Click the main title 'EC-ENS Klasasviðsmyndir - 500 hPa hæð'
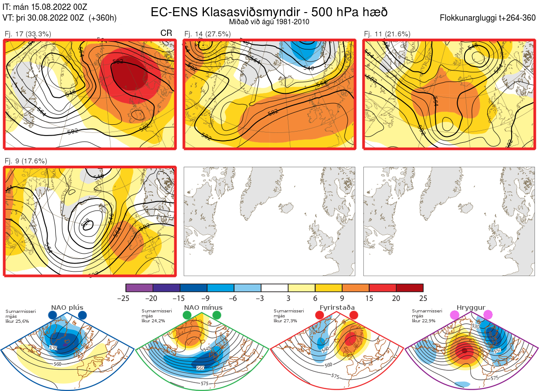pyautogui.click(x=269, y=12)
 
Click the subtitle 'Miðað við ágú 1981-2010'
pyautogui.click(x=269, y=22)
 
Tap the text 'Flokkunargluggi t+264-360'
pyautogui.click(x=489, y=18)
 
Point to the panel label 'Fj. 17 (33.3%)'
pyautogui.click(x=28, y=34)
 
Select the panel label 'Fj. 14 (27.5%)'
pyautogui.click(x=208, y=34)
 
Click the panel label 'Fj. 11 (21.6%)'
pyautogui.click(x=387, y=34)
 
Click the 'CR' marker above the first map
pyautogui.click(x=166, y=34)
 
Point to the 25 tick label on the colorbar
pyautogui.click(x=423, y=299)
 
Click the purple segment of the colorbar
pyautogui.click(x=140, y=288)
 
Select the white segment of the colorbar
pyautogui.click(x=274, y=288)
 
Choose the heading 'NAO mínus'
pyautogui.click(x=203, y=308)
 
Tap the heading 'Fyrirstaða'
pyautogui.click(x=336, y=308)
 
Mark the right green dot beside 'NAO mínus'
pyautogui.click(x=217, y=316)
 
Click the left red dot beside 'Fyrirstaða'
pyautogui.click(x=319, y=316)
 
